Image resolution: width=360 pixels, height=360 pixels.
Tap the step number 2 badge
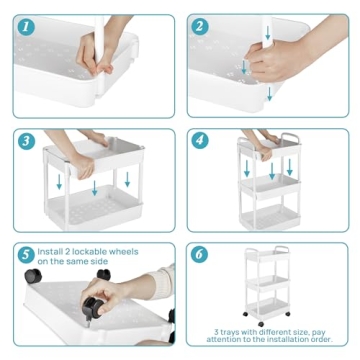click(201, 28)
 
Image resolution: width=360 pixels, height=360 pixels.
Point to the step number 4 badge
click(201, 140)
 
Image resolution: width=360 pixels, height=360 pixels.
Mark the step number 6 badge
click(201, 254)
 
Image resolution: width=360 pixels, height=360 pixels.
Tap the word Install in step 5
click(54, 250)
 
